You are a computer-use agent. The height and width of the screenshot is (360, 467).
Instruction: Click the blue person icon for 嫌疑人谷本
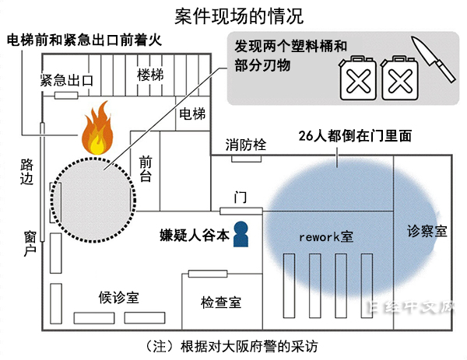242,234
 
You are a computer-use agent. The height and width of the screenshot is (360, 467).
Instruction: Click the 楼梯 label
150,75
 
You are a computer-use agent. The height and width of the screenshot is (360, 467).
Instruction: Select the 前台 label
145,169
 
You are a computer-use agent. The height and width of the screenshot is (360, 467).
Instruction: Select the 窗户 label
29,244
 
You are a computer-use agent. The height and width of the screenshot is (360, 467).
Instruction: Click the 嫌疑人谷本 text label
195,235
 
